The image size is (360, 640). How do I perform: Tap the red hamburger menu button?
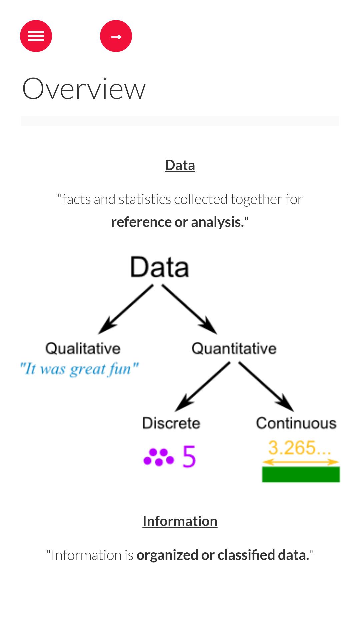pyautogui.click(x=36, y=36)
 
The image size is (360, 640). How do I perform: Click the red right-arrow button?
pyautogui.click(x=116, y=36)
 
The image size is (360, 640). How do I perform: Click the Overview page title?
pyautogui.click(x=84, y=88)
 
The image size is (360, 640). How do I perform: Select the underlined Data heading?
pyautogui.click(x=180, y=165)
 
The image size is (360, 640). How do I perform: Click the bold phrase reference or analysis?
pyautogui.click(x=178, y=222)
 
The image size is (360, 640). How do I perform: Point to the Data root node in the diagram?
pyautogui.click(x=160, y=267)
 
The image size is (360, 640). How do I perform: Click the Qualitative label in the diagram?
pyautogui.click(x=83, y=349)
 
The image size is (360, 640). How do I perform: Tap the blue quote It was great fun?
pyautogui.click(x=79, y=369)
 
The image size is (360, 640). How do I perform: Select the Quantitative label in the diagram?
pyautogui.click(x=234, y=349)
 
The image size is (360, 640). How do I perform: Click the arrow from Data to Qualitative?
pyautogui.click(x=126, y=309)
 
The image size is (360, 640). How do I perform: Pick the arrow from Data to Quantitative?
pyautogui.click(x=189, y=309)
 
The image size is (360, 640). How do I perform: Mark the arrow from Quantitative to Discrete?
pyautogui.click(x=203, y=387)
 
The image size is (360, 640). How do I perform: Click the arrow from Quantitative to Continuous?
pyautogui.click(x=266, y=387)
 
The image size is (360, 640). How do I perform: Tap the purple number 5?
pyautogui.click(x=189, y=457)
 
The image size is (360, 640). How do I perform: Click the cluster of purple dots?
pyautogui.click(x=159, y=457)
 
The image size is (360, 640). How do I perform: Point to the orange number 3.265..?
pyautogui.click(x=300, y=448)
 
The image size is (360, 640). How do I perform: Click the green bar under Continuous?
pyautogui.click(x=301, y=474)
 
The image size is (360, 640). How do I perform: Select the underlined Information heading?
pyautogui.click(x=180, y=521)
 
